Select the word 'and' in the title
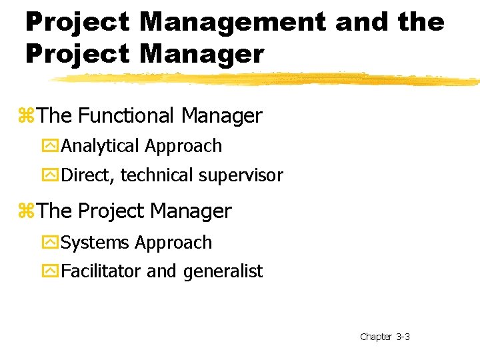pos(361,23)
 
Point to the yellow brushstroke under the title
pos(267,79)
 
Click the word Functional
pos(127,116)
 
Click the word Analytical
pos(100,146)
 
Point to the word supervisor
pos(241,176)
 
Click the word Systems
pos(96,243)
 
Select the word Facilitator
pos(101,271)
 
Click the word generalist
pos(223,272)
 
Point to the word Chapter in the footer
pos(375,337)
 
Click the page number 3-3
pos(403,337)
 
